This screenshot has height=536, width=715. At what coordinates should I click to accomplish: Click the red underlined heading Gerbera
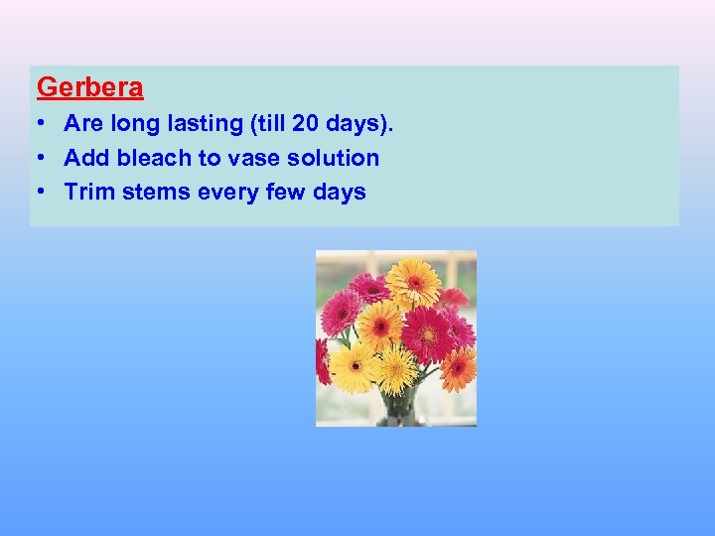pyautogui.click(x=90, y=87)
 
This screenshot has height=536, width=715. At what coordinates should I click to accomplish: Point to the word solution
pyautogui.click(x=333, y=158)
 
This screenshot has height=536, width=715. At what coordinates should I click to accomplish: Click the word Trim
pyautogui.click(x=88, y=192)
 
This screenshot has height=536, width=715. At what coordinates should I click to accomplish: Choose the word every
pyautogui.click(x=230, y=192)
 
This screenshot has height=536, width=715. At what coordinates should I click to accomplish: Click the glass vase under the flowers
pyautogui.click(x=402, y=407)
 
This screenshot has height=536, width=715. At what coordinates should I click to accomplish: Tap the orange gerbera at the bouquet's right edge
pyautogui.click(x=458, y=366)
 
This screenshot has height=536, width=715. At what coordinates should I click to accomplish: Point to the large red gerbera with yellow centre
pyautogui.click(x=427, y=333)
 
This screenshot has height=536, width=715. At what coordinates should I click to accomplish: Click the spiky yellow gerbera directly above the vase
pyautogui.click(x=396, y=368)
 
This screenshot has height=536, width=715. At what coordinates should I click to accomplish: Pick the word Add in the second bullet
pyautogui.click(x=84, y=158)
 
